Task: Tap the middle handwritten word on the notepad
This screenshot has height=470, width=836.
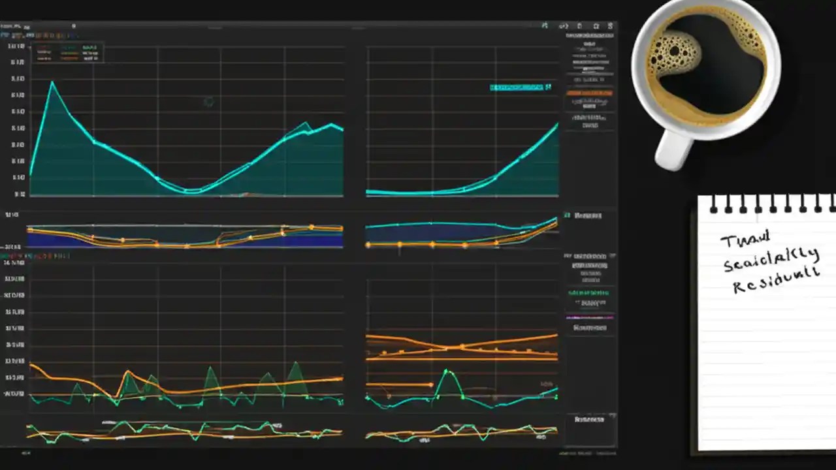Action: [771, 259]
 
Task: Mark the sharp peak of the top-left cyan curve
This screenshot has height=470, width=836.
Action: [52, 82]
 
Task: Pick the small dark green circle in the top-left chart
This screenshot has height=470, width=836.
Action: [208, 101]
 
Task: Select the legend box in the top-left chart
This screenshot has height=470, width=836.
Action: [68, 52]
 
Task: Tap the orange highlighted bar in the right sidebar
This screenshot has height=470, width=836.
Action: [590, 93]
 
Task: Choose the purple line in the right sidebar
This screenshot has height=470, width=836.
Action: [590, 318]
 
